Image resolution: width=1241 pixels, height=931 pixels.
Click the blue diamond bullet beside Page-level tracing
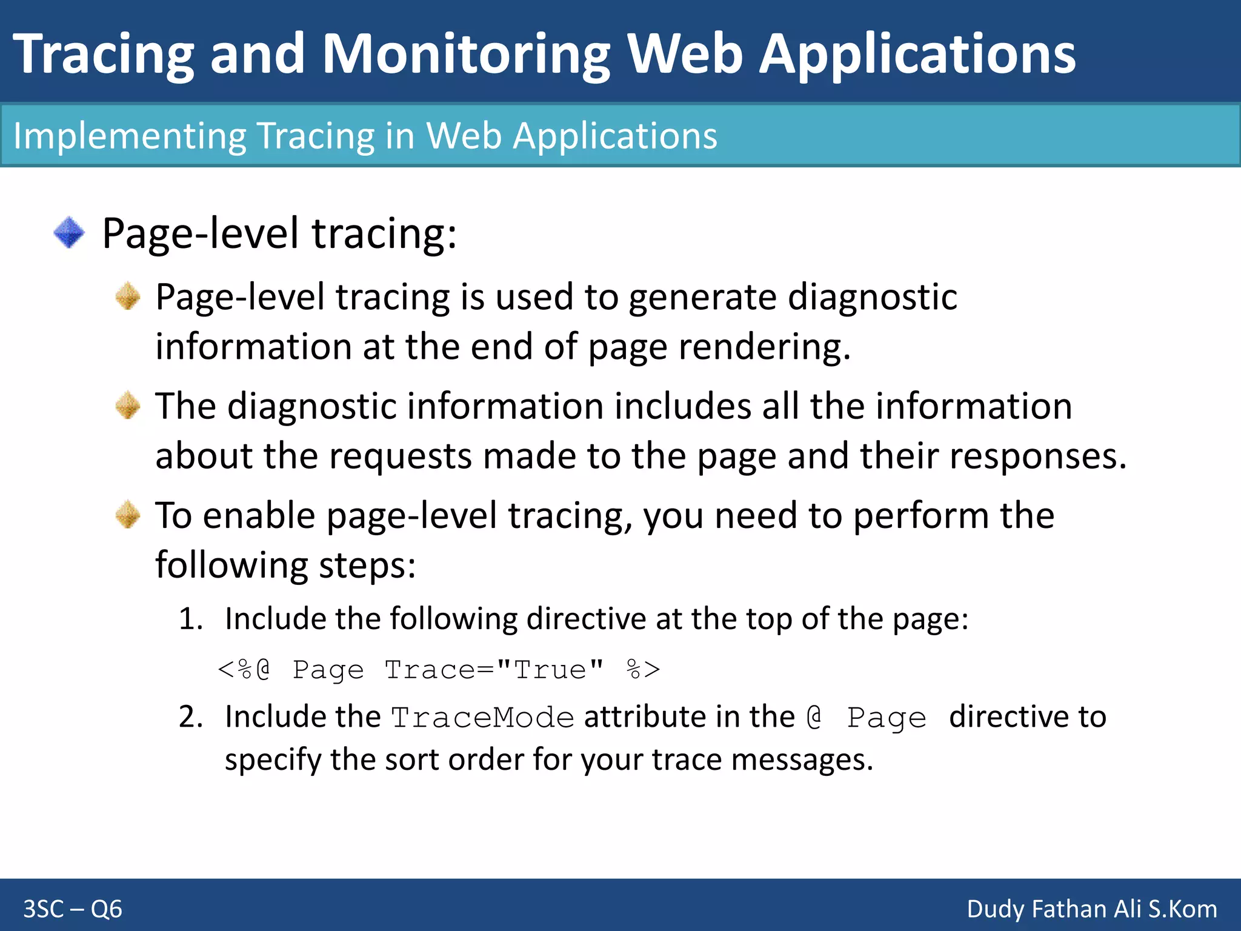click(x=69, y=233)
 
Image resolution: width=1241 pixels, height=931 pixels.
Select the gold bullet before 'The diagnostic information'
click(x=128, y=405)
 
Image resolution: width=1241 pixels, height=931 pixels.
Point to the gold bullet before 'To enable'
click(x=128, y=515)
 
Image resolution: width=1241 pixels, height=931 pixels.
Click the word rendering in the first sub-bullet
click(x=764, y=347)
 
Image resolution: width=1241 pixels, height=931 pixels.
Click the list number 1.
click(x=190, y=619)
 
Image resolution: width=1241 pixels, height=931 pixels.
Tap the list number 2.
click(x=190, y=717)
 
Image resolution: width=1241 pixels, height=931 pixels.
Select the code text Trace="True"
click(x=494, y=670)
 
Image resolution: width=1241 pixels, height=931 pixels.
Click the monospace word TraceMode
click(x=482, y=718)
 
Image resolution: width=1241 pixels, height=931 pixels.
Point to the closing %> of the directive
click(x=643, y=670)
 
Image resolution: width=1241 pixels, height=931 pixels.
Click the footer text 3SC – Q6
click(x=73, y=909)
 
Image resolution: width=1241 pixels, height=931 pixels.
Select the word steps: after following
click(x=367, y=566)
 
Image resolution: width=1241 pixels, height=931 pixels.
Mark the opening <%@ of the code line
click(x=244, y=670)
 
